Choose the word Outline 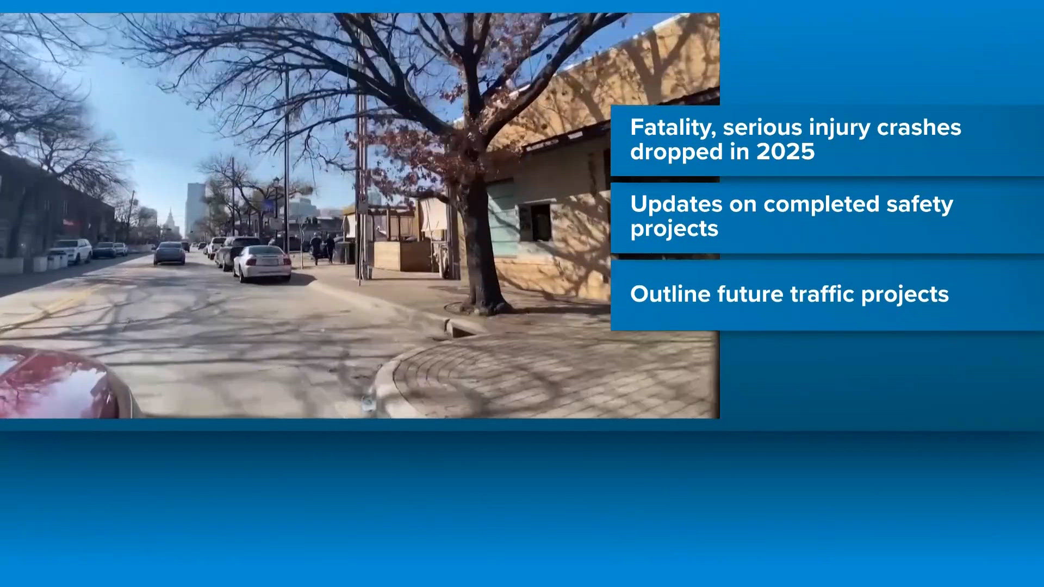tap(670, 294)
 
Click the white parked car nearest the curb tap(262, 264)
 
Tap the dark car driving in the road tap(169, 253)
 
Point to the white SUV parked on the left tap(71, 251)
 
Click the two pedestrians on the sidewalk tap(323, 248)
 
